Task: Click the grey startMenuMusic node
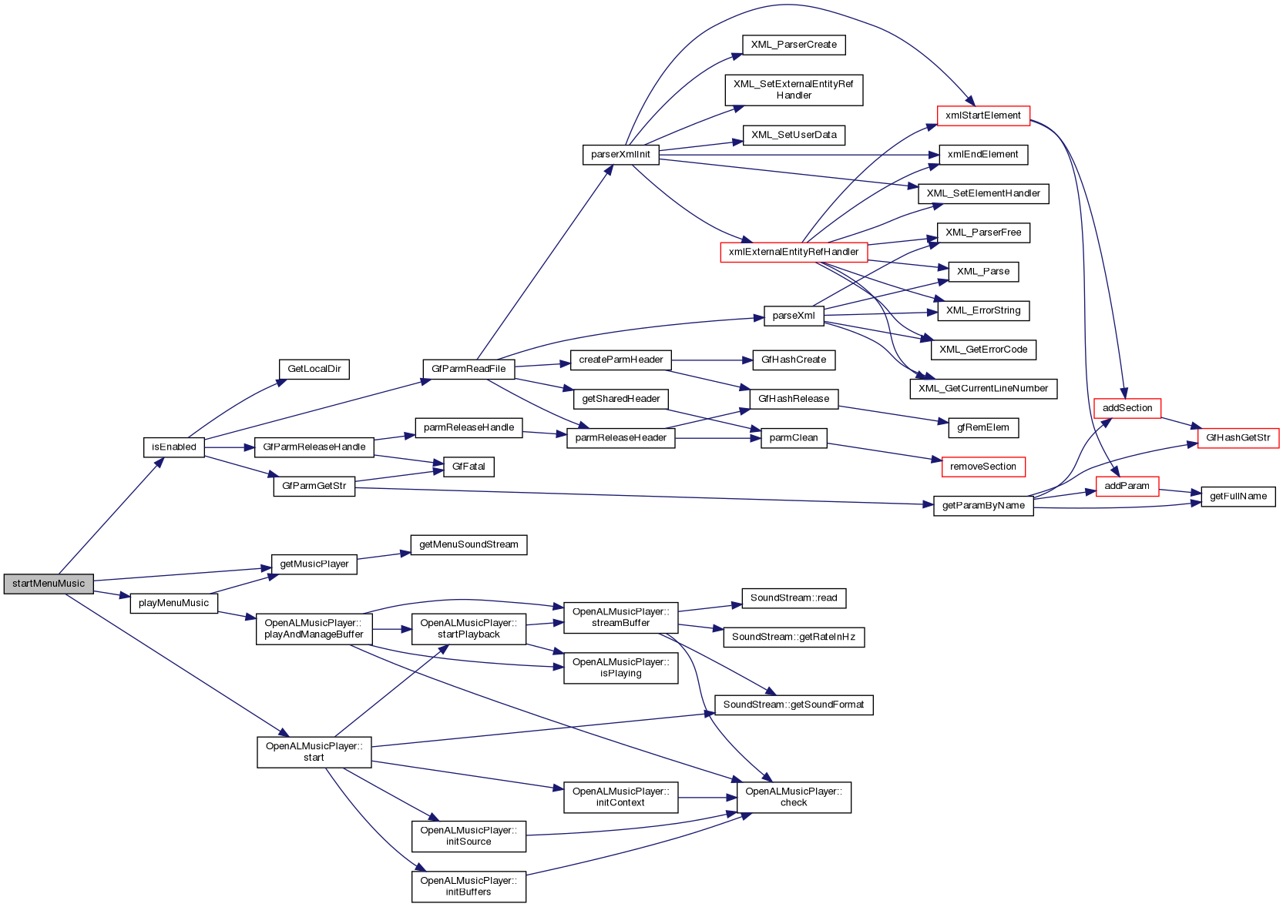coord(49,584)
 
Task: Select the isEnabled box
coord(174,447)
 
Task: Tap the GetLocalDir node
coord(314,369)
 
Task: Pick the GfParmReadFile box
coord(469,369)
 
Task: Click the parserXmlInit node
coord(620,155)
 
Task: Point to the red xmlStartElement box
coord(982,115)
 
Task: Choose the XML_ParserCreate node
coord(794,45)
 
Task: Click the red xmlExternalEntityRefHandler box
coord(794,252)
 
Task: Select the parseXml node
coord(794,316)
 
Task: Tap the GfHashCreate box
coord(794,360)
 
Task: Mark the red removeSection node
coord(983,467)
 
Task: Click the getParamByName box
coord(983,506)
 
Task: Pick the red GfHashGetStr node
coord(1238,438)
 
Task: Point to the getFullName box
coord(1238,497)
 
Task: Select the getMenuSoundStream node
coord(469,545)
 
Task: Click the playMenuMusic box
coord(174,604)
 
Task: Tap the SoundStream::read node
coord(794,598)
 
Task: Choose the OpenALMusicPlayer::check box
coord(794,797)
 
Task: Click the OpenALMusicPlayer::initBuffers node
coord(469,886)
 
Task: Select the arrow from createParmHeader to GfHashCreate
coord(709,360)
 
